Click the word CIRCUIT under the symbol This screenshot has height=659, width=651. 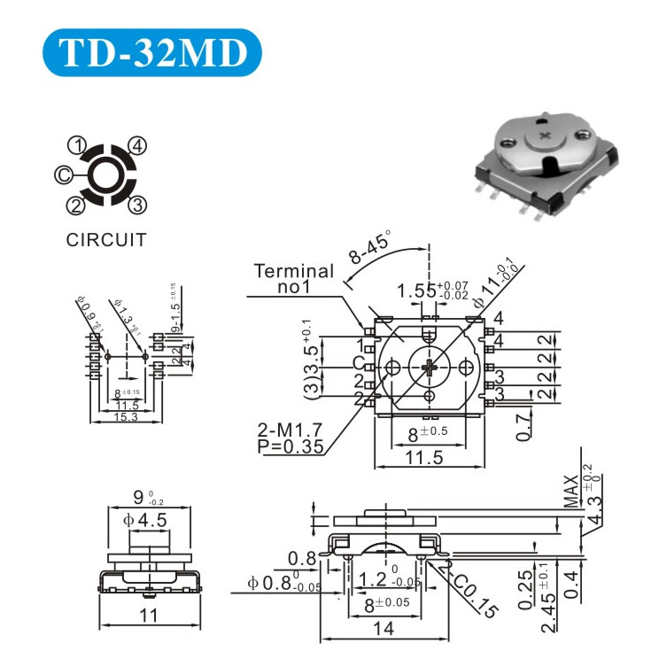[x=106, y=239]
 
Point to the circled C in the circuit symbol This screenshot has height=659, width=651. [x=64, y=175]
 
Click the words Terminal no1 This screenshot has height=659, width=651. [x=294, y=279]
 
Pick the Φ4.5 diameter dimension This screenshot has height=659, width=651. [x=148, y=521]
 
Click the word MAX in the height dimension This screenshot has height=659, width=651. [x=570, y=491]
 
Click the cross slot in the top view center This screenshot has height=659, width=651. [x=430, y=368]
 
